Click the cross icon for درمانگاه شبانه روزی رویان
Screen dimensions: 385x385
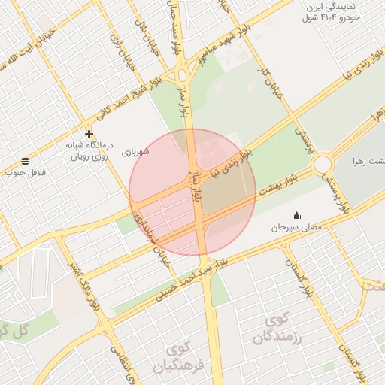tap(89, 134)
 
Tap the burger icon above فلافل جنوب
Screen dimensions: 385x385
tap(26, 161)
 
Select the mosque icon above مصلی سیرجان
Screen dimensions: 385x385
tap(296, 215)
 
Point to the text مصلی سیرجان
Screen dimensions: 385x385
tap(296, 226)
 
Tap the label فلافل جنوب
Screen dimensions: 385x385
tap(26, 173)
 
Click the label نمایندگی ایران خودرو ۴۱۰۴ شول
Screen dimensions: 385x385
tap(340, 11)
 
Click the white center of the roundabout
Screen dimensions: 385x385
tap(323, 163)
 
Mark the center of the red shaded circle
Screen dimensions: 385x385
tap(192, 192)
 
